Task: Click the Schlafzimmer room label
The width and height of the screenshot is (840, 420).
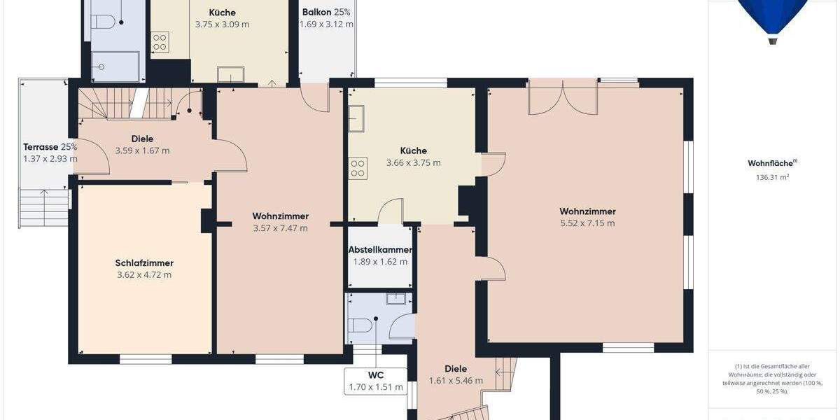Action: [x=144, y=263]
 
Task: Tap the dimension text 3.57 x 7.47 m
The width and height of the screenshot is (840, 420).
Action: [x=280, y=227]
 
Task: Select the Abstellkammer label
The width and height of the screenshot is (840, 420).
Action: [x=380, y=250]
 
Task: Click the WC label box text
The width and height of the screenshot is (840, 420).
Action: [x=376, y=374]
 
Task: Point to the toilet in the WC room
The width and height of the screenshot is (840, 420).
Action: [x=360, y=325]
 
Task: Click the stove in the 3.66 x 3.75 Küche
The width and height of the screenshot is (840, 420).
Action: [x=358, y=168]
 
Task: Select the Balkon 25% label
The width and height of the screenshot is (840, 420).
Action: [x=326, y=12]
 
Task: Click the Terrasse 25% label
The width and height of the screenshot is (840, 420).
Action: [x=50, y=147]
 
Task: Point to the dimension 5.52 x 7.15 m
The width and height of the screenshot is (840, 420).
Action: [x=587, y=223]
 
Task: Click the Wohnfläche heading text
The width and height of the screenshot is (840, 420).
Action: [x=772, y=163]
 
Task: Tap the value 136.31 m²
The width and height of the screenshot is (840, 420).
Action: [x=772, y=177]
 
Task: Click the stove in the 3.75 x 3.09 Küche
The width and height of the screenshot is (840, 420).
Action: [x=160, y=42]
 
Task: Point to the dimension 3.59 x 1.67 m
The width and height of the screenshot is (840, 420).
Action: [x=142, y=150]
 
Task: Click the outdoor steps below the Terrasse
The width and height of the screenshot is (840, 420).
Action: [x=43, y=208]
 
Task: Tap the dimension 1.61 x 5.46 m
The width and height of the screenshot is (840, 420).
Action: [x=456, y=381]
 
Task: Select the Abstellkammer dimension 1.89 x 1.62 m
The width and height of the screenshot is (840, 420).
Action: [x=380, y=262]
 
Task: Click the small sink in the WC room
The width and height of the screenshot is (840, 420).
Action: [x=396, y=298]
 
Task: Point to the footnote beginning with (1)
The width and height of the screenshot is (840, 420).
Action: [x=773, y=379]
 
